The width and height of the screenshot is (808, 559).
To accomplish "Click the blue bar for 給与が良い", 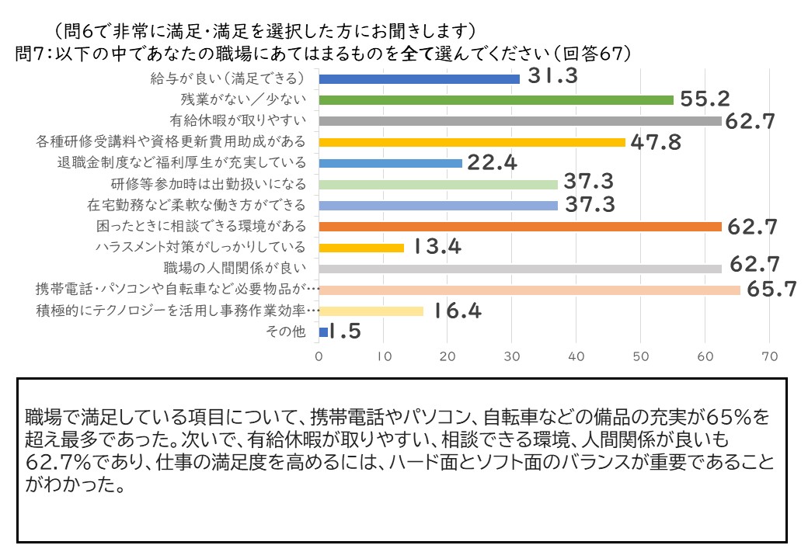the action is [419, 78].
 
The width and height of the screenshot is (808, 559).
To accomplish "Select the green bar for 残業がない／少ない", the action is [496, 100].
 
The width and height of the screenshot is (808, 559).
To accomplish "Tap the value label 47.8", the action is [656, 142].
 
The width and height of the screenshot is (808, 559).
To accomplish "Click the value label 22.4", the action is [492, 163].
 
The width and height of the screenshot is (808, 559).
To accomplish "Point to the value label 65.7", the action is [771, 290].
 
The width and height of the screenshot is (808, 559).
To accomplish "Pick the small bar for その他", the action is [323, 332].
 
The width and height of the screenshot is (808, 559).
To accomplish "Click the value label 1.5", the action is [345, 332].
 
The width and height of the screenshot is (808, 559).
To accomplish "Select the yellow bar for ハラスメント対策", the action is [361, 248].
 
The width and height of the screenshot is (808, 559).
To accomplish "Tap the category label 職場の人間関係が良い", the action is [235, 268].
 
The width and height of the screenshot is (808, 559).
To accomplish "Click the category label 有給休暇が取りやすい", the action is [238, 120].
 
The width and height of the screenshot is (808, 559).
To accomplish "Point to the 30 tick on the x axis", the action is [512, 356].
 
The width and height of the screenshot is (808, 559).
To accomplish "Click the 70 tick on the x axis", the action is [769, 356].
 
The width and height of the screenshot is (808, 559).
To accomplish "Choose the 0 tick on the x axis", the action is [319, 356].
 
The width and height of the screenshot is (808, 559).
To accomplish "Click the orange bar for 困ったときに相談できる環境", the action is [520, 227].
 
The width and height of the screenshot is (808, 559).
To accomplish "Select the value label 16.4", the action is [457, 311].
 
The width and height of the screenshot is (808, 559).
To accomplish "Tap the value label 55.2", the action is [705, 99].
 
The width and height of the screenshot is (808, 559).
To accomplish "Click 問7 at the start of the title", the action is [30, 54].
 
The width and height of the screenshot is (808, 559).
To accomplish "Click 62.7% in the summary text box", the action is [58, 462].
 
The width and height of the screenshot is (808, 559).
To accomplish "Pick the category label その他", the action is [285, 332].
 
